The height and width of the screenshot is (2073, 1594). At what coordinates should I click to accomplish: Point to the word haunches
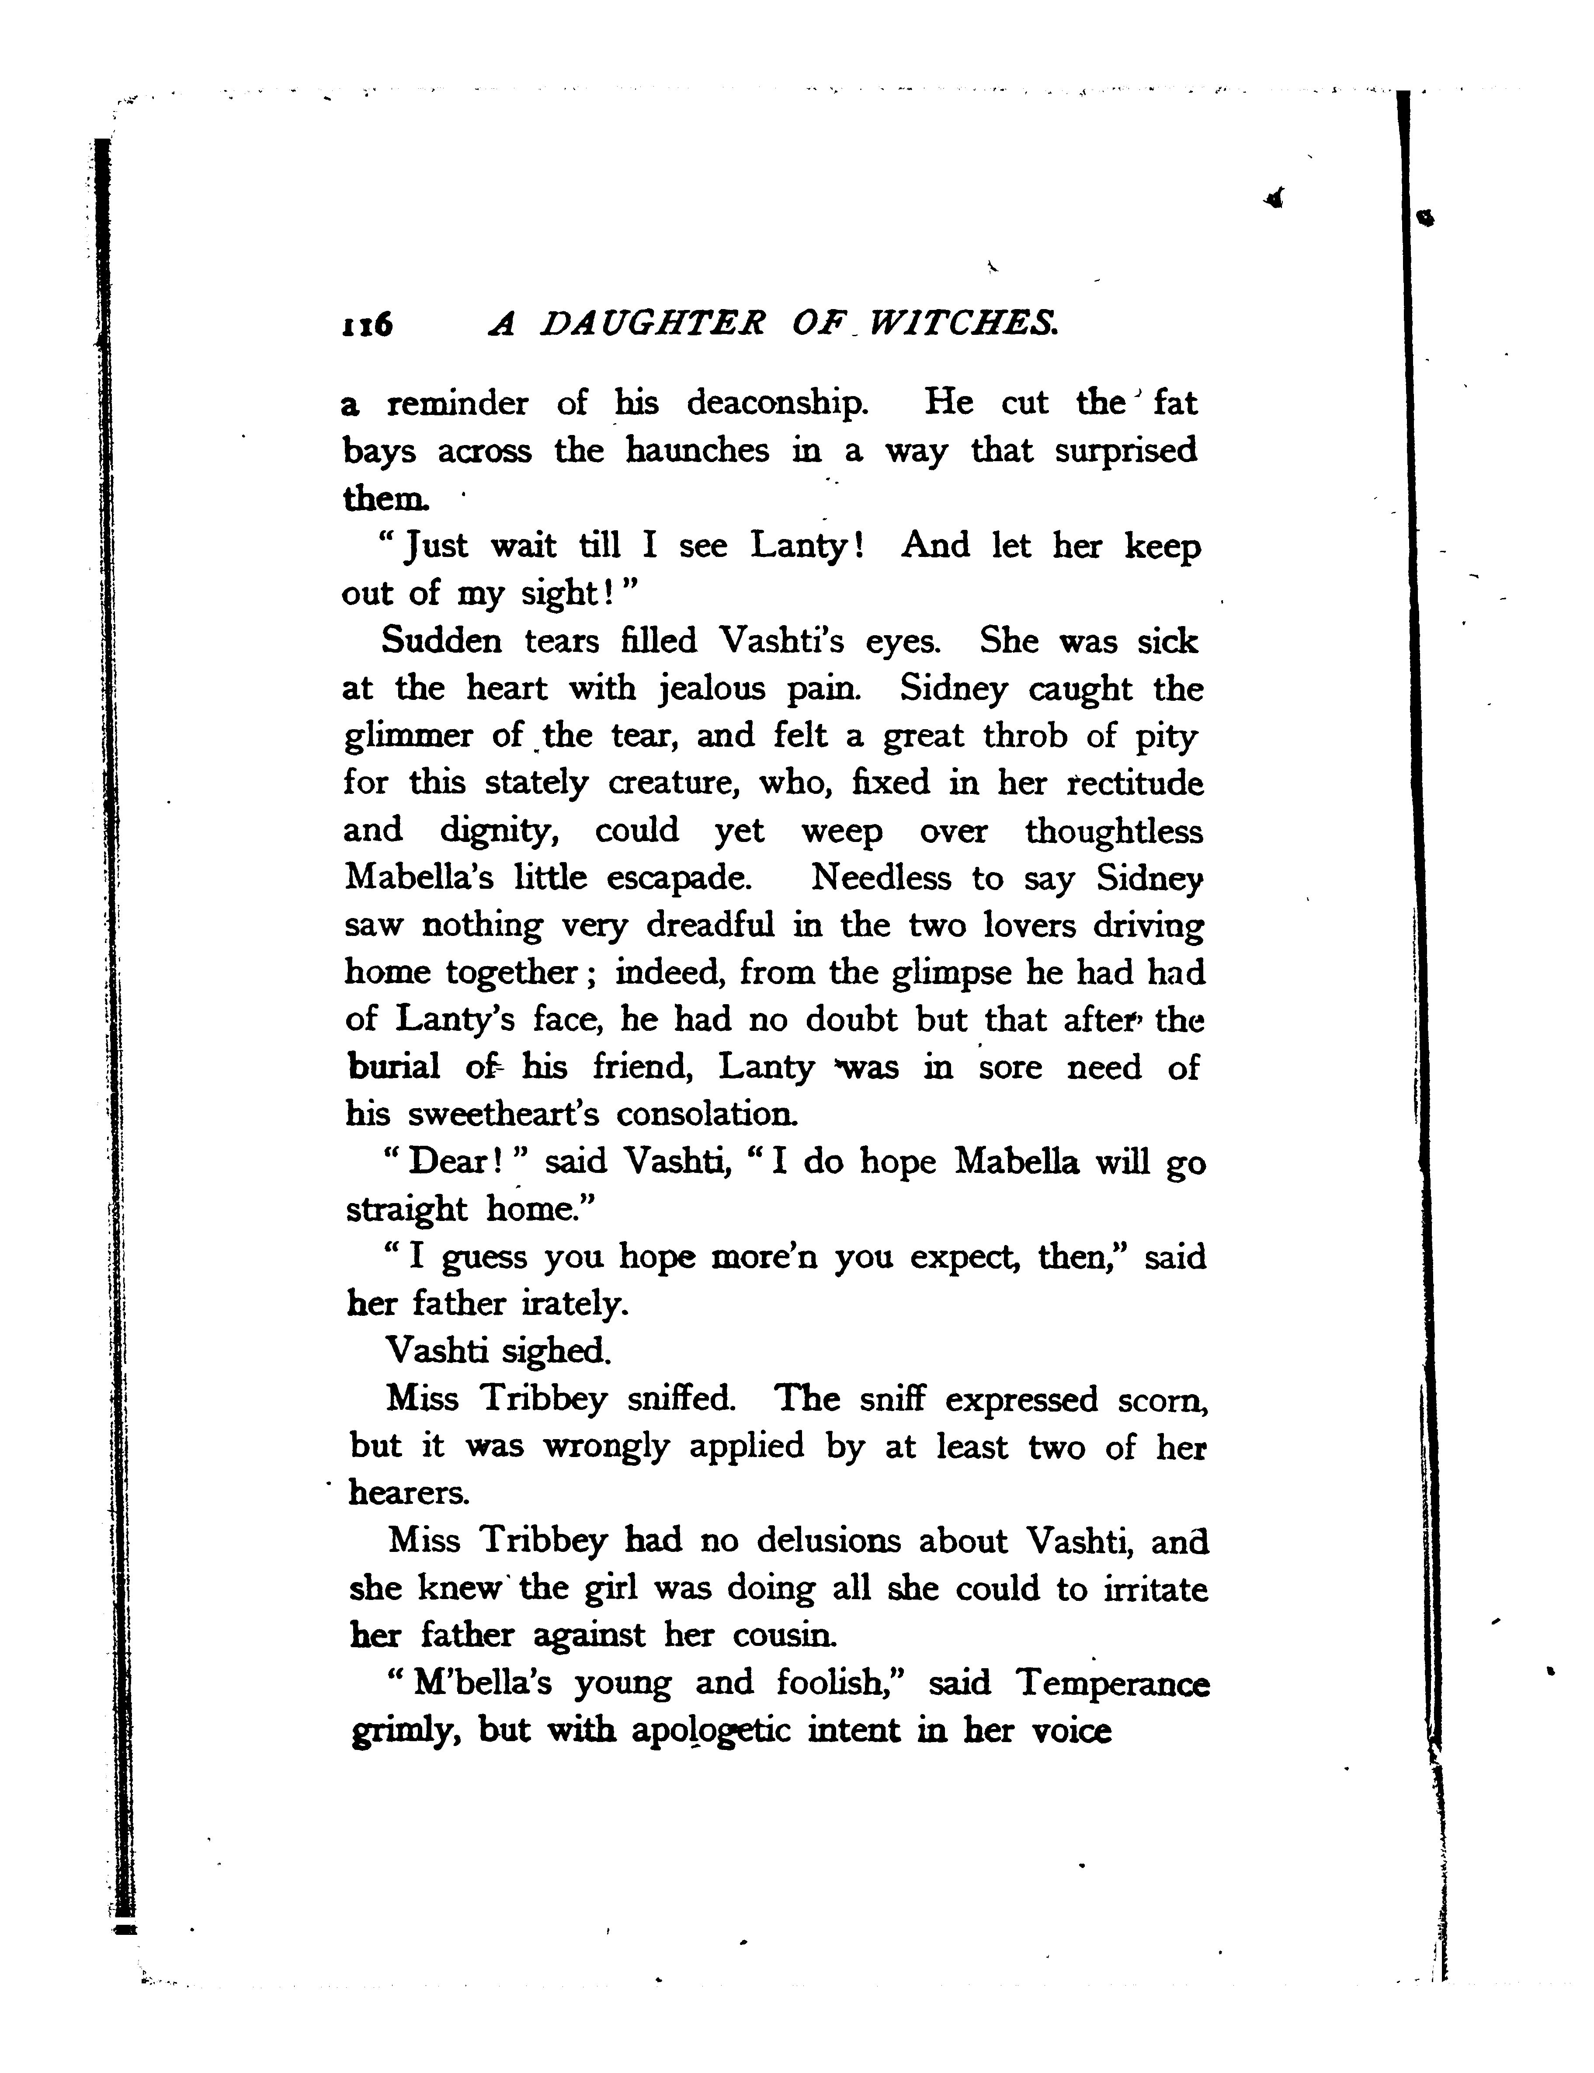[x=698, y=451]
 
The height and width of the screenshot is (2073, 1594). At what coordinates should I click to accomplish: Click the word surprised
[x=1126, y=451]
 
